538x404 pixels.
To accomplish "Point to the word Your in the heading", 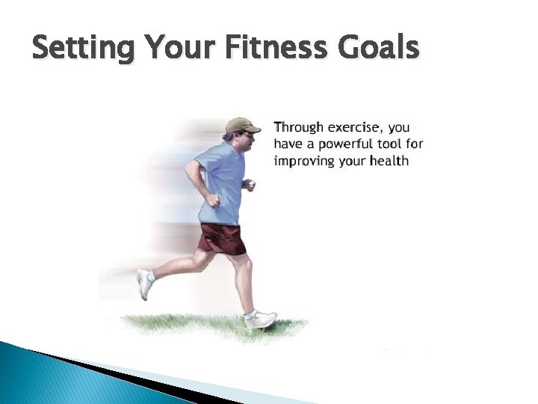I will point(178,49).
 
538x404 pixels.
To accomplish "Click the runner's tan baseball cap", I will point(241,125).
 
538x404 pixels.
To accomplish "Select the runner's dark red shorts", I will point(222,238).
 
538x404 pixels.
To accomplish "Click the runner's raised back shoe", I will point(144,284).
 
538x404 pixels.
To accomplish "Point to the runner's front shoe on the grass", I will point(259,319).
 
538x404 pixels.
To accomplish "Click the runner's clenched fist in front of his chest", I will point(250,185).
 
